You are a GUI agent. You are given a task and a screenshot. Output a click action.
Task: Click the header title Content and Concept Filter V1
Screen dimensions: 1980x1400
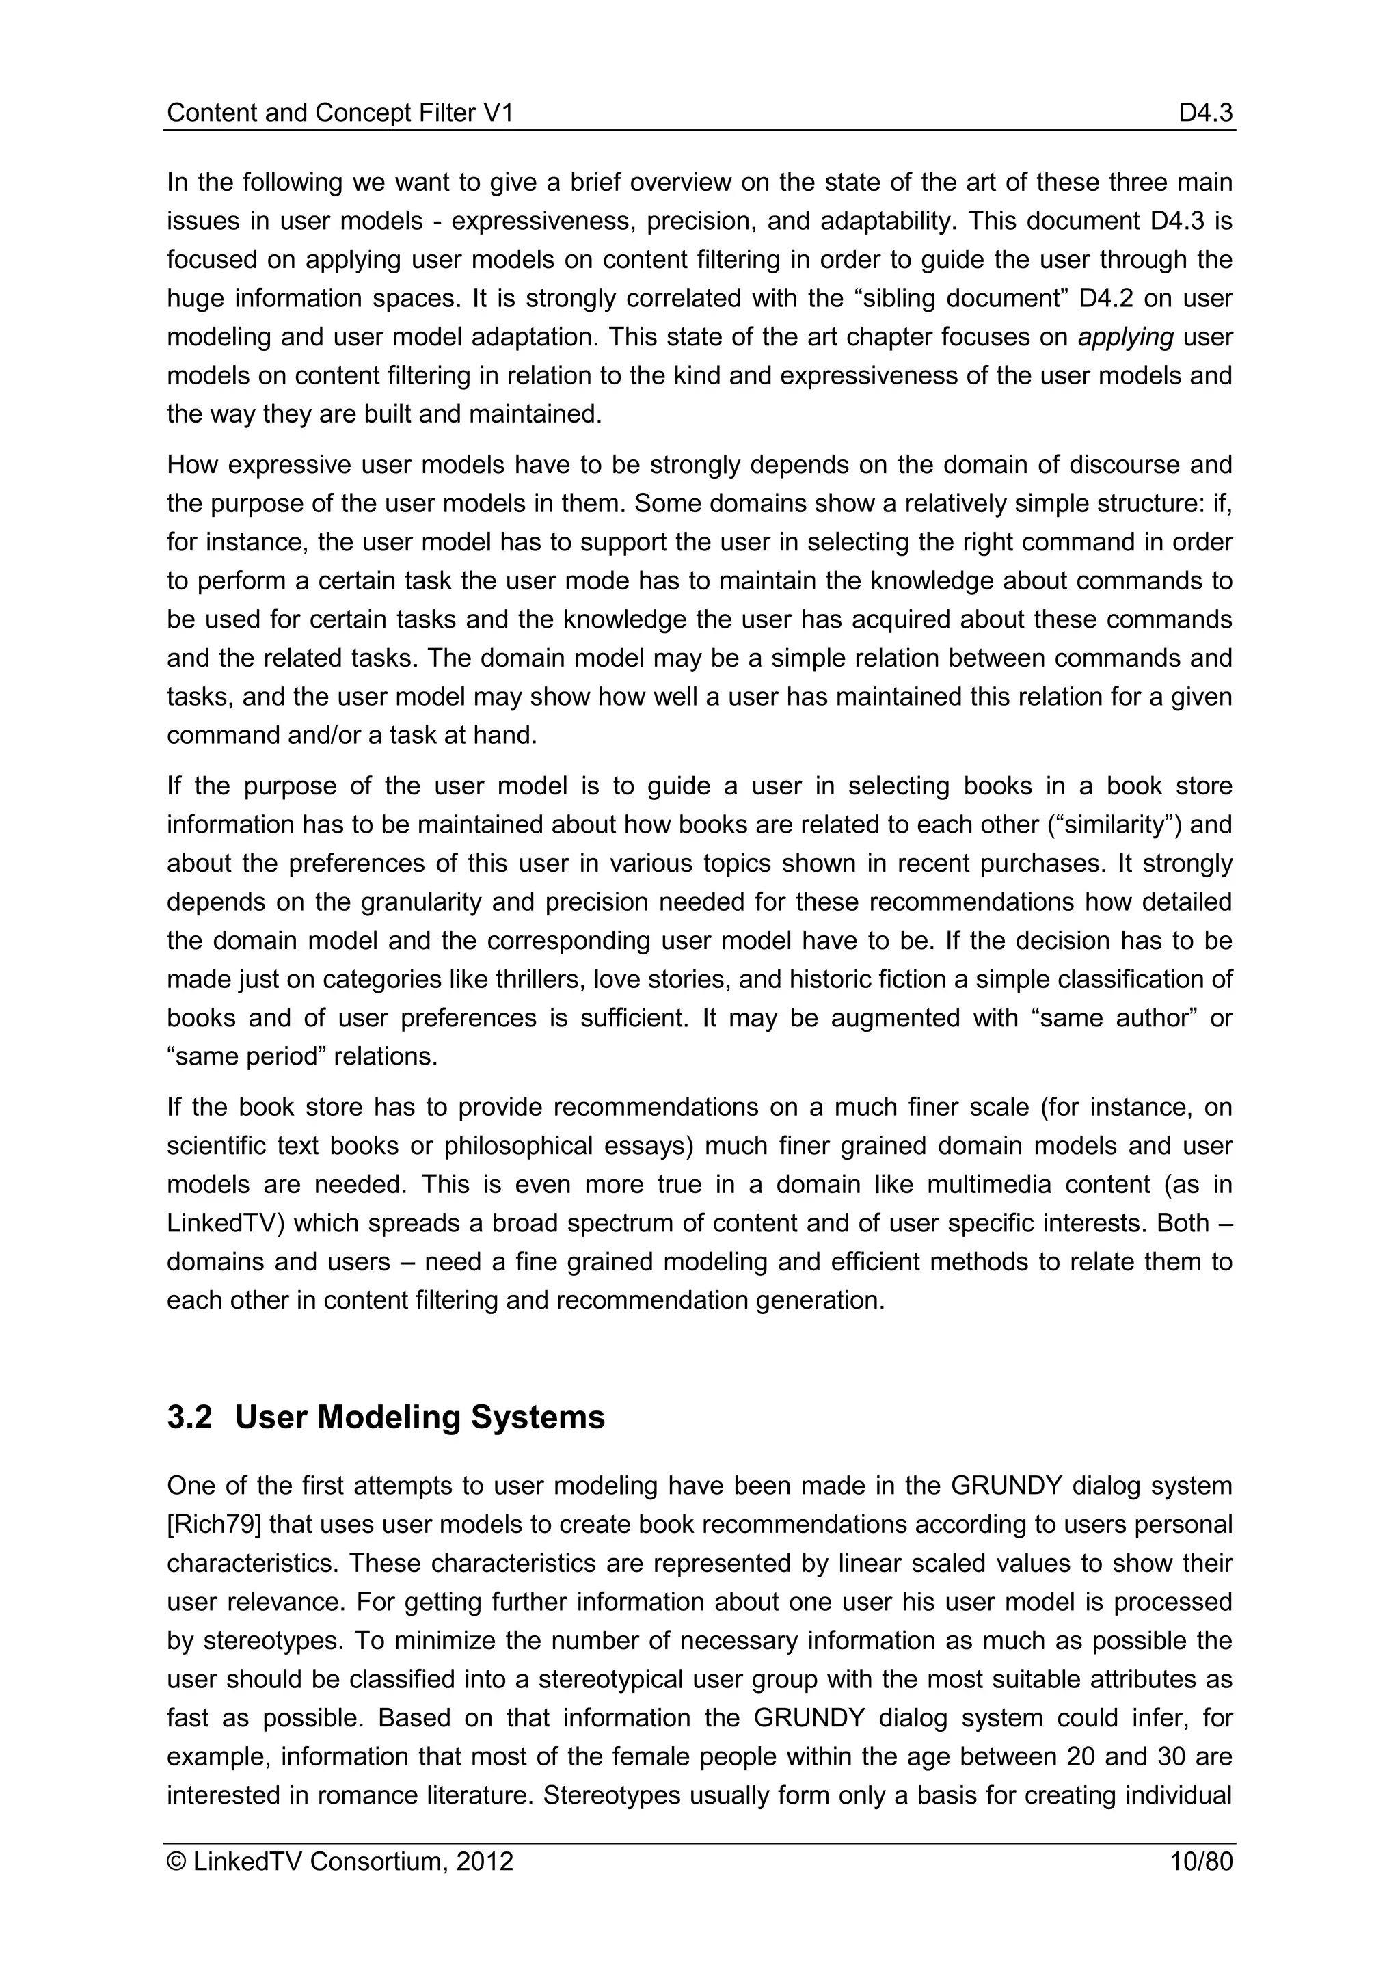340,113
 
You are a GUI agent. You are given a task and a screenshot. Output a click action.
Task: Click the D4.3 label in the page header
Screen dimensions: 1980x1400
1205,113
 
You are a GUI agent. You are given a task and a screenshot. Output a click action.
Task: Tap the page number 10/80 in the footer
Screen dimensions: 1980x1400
1201,1862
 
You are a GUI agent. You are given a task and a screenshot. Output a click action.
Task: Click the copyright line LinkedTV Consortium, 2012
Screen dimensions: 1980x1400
340,1862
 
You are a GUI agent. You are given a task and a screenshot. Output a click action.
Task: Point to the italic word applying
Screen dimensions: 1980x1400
1125,337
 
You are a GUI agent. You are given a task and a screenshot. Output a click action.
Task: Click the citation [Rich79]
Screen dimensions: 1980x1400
214,1525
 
